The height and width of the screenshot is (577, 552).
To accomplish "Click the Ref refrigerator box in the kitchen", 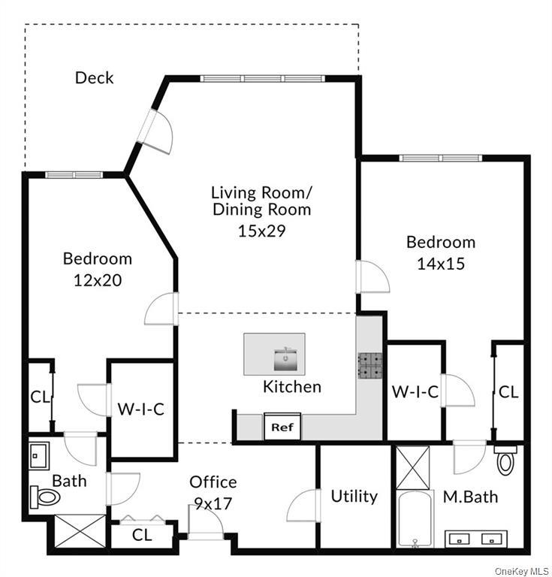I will (x=282, y=427).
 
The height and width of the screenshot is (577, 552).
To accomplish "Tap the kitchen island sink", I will (x=285, y=360).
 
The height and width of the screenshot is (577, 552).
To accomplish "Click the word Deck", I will (x=95, y=77).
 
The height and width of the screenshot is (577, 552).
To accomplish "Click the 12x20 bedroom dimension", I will (x=98, y=279).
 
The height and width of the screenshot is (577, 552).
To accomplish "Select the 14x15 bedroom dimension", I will (x=441, y=264).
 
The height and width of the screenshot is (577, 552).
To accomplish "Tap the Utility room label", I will (x=354, y=497).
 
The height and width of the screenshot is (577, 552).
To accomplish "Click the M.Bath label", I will (x=470, y=497).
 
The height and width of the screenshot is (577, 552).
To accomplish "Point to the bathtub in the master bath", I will (x=414, y=519).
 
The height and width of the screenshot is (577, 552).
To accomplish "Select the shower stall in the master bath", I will (x=412, y=467).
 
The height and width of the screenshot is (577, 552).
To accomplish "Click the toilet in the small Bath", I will (x=46, y=497).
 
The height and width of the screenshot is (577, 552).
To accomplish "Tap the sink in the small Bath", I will (x=39, y=455).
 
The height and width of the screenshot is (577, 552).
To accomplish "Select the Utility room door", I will (x=305, y=508).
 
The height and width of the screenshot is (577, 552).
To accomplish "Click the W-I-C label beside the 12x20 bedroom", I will (x=140, y=409).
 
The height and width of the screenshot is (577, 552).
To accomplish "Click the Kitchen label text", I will (x=291, y=387).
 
